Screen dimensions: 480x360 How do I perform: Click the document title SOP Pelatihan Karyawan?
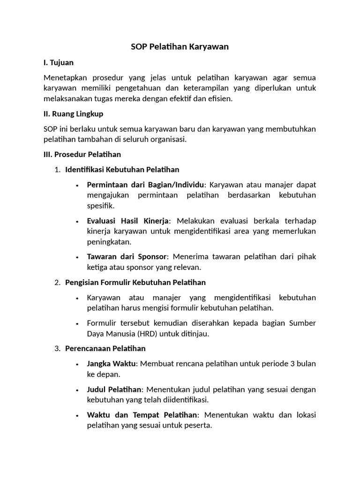coord(180,47)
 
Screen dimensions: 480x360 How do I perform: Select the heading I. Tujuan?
coord(58,62)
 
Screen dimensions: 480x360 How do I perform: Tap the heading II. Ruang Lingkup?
coord(73,114)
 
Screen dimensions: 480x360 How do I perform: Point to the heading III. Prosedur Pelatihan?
coord(82,154)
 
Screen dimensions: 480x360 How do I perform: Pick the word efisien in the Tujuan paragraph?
coord(219,99)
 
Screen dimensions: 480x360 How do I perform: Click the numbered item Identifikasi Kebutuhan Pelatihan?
coord(122,169)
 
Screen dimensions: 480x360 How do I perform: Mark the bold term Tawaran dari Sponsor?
coord(127,257)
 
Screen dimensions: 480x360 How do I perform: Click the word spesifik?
coord(100,206)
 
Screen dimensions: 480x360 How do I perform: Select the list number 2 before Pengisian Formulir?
coord(57,283)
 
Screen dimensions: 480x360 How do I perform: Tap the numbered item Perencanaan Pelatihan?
coord(105,348)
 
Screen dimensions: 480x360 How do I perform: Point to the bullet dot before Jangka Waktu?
coord(77,364)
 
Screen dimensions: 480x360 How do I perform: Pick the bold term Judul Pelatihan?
coord(114,390)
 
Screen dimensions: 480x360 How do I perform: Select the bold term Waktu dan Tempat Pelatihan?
coord(142,415)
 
